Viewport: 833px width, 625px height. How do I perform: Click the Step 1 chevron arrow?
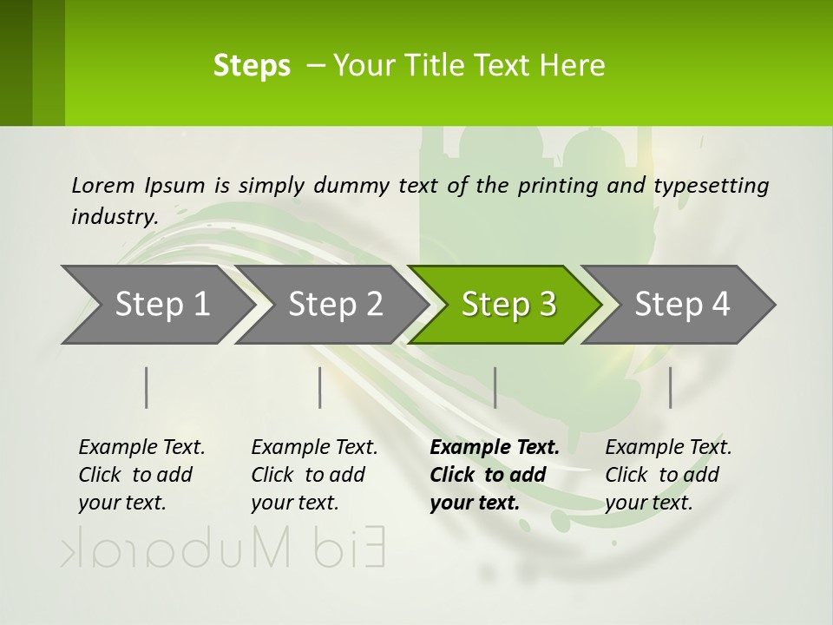point(156,305)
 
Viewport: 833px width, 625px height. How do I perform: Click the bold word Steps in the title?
point(252,66)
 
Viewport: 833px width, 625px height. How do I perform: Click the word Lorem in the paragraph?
point(102,185)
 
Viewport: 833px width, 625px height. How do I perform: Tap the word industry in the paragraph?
point(114,216)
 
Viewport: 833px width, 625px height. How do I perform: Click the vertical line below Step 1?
point(147,387)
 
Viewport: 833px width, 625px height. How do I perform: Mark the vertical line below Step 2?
point(320,387)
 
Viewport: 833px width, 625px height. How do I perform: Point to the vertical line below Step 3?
point(495,387)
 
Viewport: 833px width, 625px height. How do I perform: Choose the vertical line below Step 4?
point(670,387)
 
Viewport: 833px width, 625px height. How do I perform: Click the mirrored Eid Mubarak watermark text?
point(223,549)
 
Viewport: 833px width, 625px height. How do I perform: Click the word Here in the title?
point(572,66)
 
